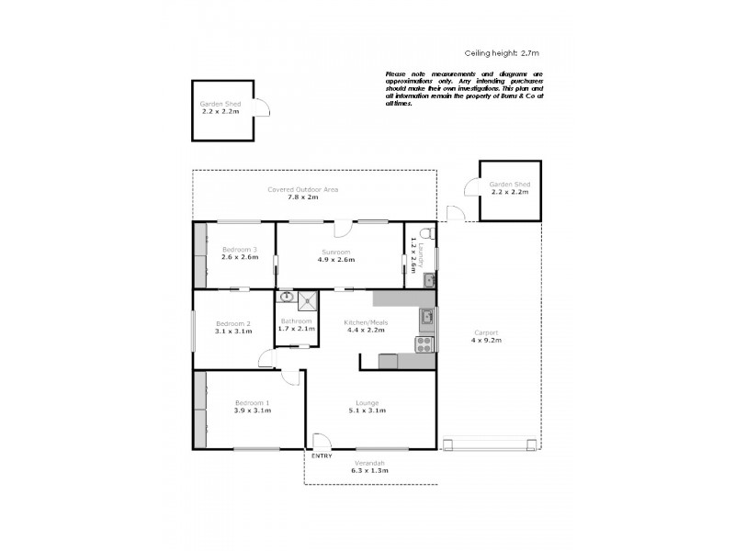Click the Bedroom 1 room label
(252, 403)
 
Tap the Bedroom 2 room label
(233, 323)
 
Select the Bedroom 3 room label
(240, 250)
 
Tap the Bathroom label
(296, 320)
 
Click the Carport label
(487, 332)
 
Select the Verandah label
(369, 462)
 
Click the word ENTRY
(322, 456)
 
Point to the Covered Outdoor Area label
(303, 189)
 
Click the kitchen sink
(426, 319)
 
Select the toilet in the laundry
(424, 232)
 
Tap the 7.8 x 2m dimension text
(302, 197)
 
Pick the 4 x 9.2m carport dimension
(487, 341)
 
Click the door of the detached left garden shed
(263, 109)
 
